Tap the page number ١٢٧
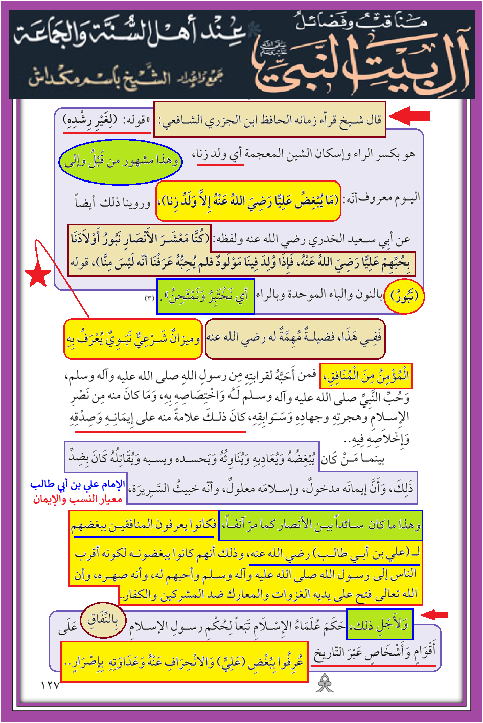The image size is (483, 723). pyautogui.click(x=50, y=685)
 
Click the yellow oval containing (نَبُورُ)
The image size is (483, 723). pyautogui.click(x=404, y=296)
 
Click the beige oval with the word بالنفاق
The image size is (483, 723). pyautogui.click(x=103, y=620)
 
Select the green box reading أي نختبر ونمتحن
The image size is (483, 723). pyautogui.click(x=205, y=296)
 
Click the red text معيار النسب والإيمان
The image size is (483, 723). pyautogui.click(x=78, y=499)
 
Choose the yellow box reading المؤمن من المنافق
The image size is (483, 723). pyautogui.click(x=365, y=376)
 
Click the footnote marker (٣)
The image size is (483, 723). pyautogui.click(x=149, y=298)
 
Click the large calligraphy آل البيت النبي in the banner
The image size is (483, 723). pyautogui.click(x=360, y=66)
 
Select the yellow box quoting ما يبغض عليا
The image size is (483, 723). pyautogui.click(x=248, y=201)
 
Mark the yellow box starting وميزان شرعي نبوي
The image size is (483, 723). pyautogui.click(x=133, y=338)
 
